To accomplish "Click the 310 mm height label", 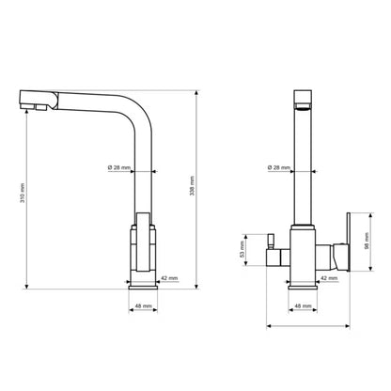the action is click(23, 193).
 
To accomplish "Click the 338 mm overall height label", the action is click(192, 186).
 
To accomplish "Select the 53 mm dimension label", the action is click(242, 249).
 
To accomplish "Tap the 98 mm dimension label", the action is click(367, 241).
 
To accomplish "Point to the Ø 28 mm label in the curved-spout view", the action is click(119, 167).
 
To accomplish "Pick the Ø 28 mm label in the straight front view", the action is click(279, 167).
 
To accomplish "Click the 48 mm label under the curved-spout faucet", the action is click(143, 305).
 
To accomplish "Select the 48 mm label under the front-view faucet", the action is click(303, 305).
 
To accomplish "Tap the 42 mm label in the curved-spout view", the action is click(169, 278).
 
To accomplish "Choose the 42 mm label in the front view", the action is click(329, 278).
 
